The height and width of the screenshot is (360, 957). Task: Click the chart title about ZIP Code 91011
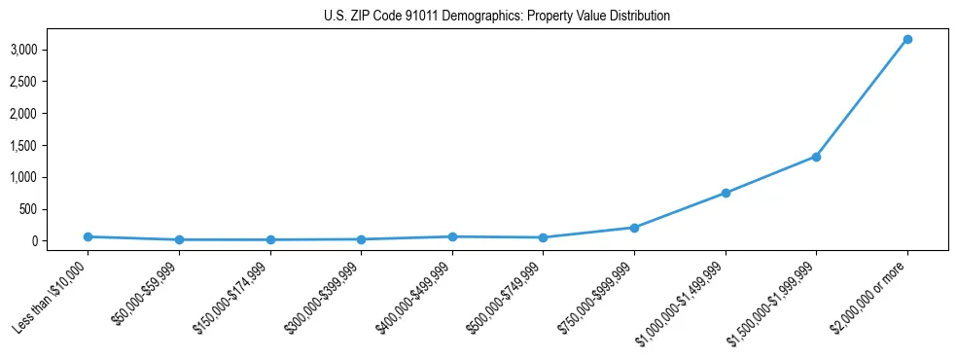point(497,17)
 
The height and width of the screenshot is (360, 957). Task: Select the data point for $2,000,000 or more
point(906,39)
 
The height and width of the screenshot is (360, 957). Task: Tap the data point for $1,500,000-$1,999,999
point(816,157)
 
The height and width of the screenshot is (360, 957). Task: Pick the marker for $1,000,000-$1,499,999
point(725,193)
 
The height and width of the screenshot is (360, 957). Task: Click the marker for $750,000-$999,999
point(634,228)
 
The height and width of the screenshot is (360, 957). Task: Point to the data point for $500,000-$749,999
point(543,237)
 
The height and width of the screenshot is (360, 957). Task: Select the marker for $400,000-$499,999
point(452,236)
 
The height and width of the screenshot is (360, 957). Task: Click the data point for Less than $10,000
point(88,236)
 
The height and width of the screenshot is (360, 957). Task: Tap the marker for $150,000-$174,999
point(270,239)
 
